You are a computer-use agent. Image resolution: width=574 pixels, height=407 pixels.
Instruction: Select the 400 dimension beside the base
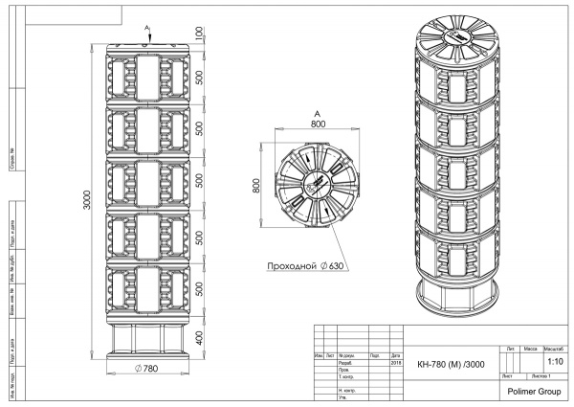(198, 337)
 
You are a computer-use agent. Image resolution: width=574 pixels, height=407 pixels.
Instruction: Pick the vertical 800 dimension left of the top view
(256, 184)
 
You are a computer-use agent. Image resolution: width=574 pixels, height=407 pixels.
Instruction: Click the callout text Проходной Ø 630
(304, 265)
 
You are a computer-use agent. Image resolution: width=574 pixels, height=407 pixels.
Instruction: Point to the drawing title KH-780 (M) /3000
(452, 364)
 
